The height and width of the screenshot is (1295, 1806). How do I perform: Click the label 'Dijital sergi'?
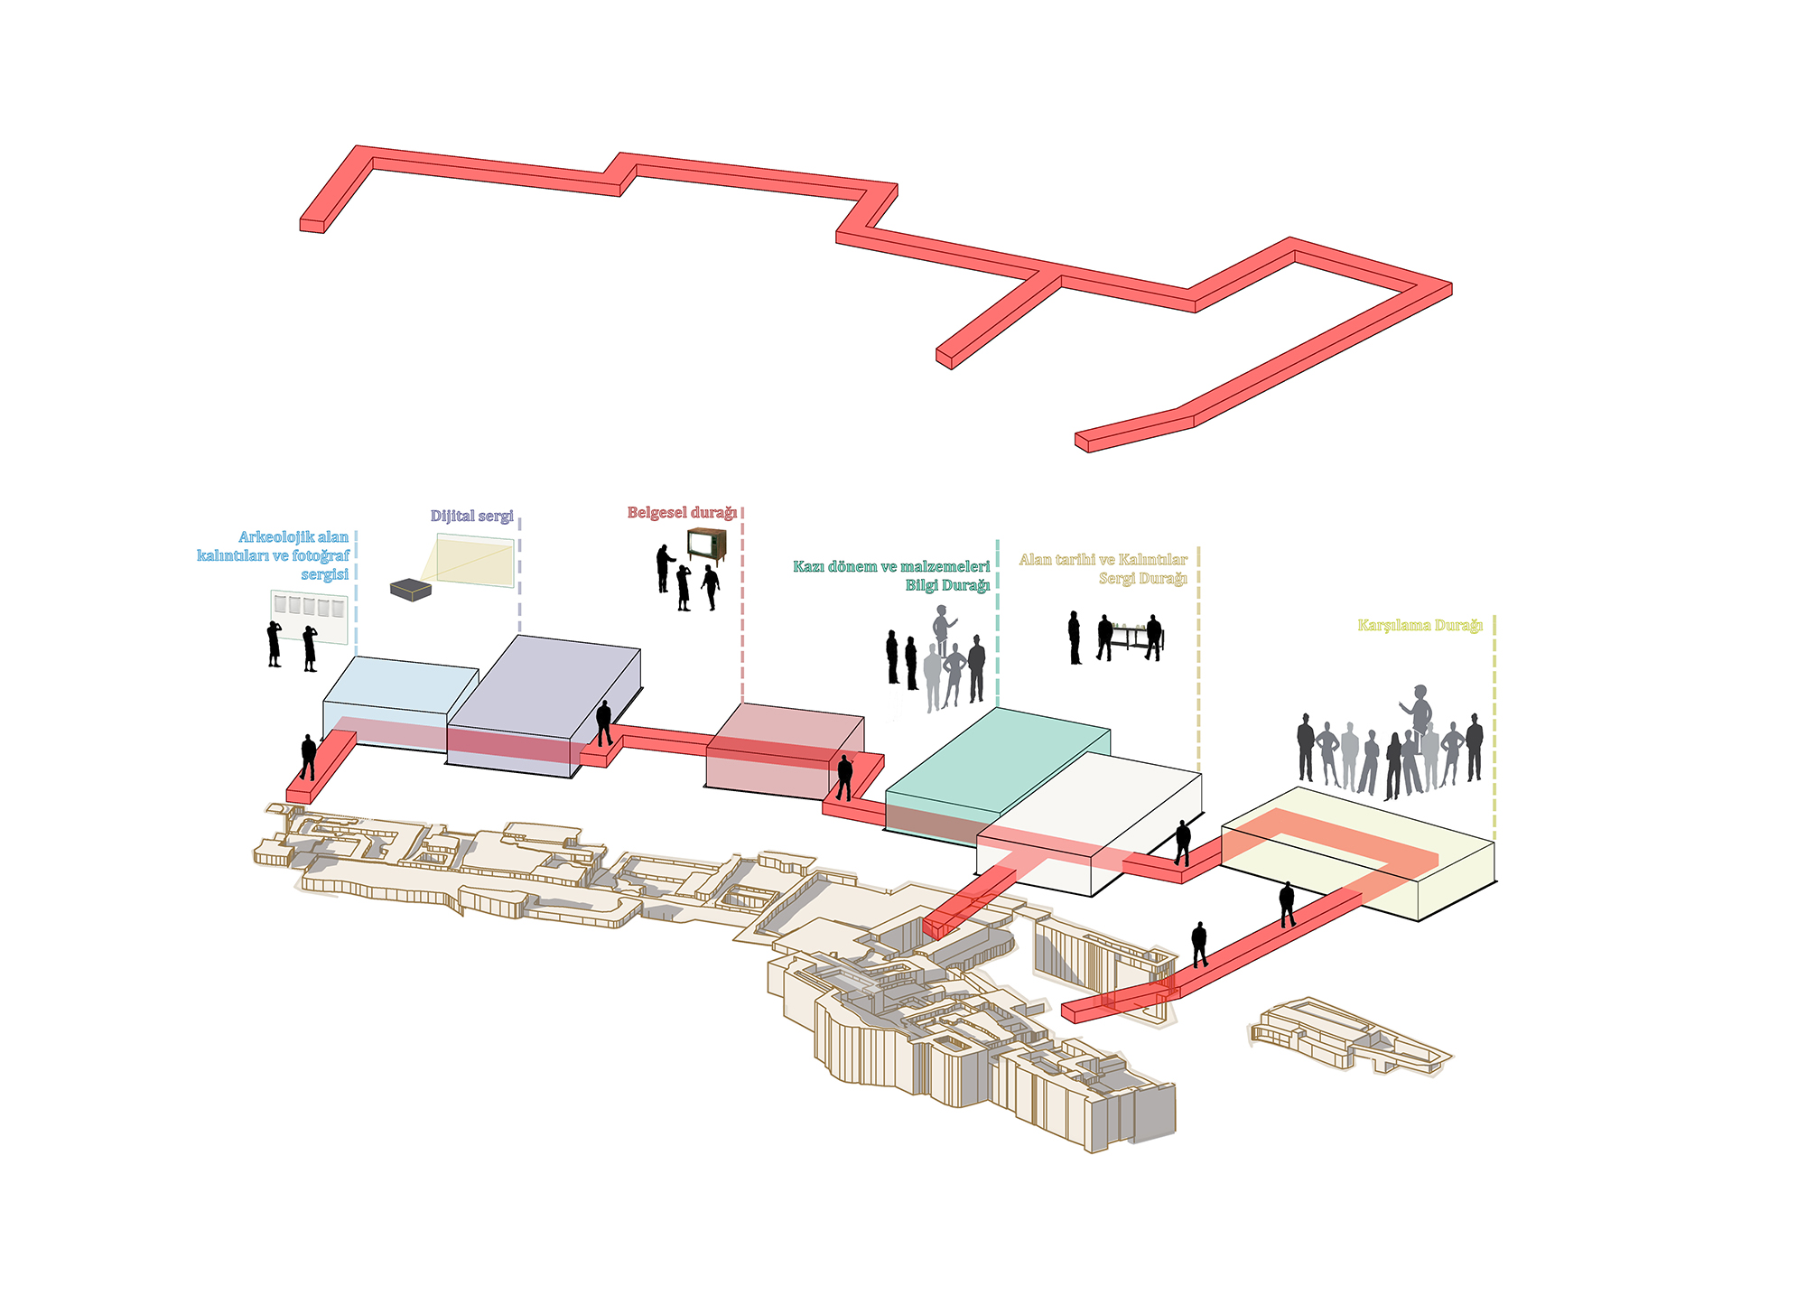tap(471, 517)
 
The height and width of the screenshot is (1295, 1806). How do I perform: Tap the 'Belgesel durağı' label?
tap(682, 513)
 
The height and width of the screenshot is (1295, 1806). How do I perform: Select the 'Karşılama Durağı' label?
tap(1420, 626)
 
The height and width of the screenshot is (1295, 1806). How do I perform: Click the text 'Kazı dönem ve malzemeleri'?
tap(891, 567)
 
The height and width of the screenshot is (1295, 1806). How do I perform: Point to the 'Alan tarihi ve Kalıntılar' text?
tap(1103, 560)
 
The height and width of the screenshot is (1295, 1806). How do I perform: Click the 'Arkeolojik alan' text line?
tap(293, 537)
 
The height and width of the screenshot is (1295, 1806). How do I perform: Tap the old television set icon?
tap(706, 545)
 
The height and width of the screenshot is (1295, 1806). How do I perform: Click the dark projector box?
tap(411, 590)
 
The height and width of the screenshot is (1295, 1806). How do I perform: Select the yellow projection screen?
tap(476, 561)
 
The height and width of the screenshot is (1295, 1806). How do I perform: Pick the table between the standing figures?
tap(1129, 634)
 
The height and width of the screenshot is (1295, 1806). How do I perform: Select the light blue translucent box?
tap(397, 700)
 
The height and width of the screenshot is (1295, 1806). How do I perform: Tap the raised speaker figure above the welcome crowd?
tap(1419, 709)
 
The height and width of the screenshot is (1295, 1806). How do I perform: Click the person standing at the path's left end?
tap(308, 757)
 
